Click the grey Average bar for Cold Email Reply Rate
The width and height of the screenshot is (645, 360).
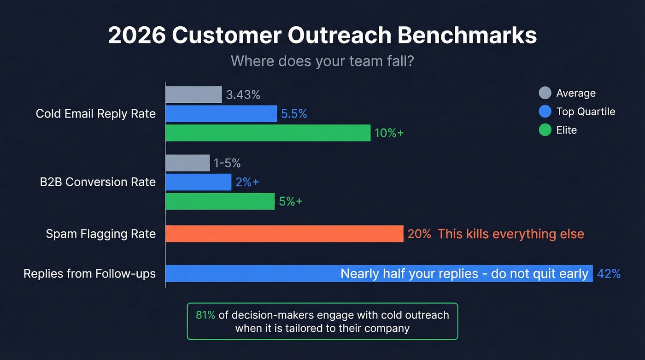tap(193, 95)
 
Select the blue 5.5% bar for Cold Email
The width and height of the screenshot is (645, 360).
tap(221, 114)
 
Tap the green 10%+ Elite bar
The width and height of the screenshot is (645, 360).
tap(268, 133)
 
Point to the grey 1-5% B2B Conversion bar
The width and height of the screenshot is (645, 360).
tap(188, 163)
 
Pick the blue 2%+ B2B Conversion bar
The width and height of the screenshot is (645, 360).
tap(198, 182)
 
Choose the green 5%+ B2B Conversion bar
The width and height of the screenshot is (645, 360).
tap(220, 201)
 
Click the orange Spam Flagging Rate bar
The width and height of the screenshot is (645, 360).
tap(284, 234)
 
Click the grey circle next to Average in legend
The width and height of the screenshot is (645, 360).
tap(545, 93)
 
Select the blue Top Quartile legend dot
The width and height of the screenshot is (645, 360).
tap(545, 112)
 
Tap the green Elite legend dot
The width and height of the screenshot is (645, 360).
tap(545, 130)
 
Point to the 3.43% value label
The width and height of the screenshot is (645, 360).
tap(243, 95)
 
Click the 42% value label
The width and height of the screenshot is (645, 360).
tap(609, 274)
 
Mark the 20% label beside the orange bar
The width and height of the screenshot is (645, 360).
tap(419, 234)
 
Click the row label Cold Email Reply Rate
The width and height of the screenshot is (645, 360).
tap(96, 114)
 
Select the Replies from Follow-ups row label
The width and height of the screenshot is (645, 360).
tap(89, 274)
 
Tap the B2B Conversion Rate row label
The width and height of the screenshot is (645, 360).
tap(98, 182)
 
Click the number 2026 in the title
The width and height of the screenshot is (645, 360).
tap(137, 36)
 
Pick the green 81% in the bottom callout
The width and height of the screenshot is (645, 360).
tap(205, 315)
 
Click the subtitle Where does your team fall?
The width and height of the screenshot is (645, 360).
tap(322, 61)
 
